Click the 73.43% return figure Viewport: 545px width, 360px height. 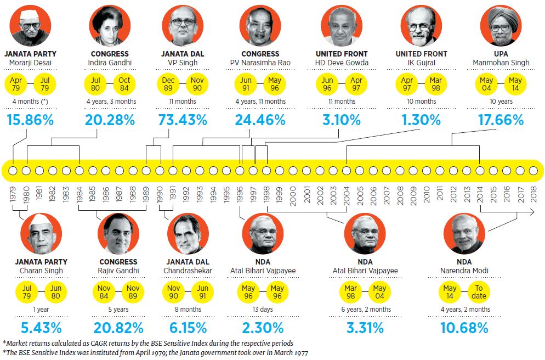coord(183,120)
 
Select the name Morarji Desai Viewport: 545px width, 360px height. coord(31,63)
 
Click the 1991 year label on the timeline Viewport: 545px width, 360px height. coord(173,195)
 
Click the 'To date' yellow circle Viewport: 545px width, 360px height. coord(479,292)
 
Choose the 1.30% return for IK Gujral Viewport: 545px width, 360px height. coord(421,120)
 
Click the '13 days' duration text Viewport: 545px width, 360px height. coord(263,310)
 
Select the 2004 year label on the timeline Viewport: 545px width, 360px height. coord(347,195)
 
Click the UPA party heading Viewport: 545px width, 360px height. coord(501,54)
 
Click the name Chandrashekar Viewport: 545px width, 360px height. coord(188,271)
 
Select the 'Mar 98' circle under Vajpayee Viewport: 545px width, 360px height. coord(351,292)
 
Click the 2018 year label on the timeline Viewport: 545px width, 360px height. coord(533,195)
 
